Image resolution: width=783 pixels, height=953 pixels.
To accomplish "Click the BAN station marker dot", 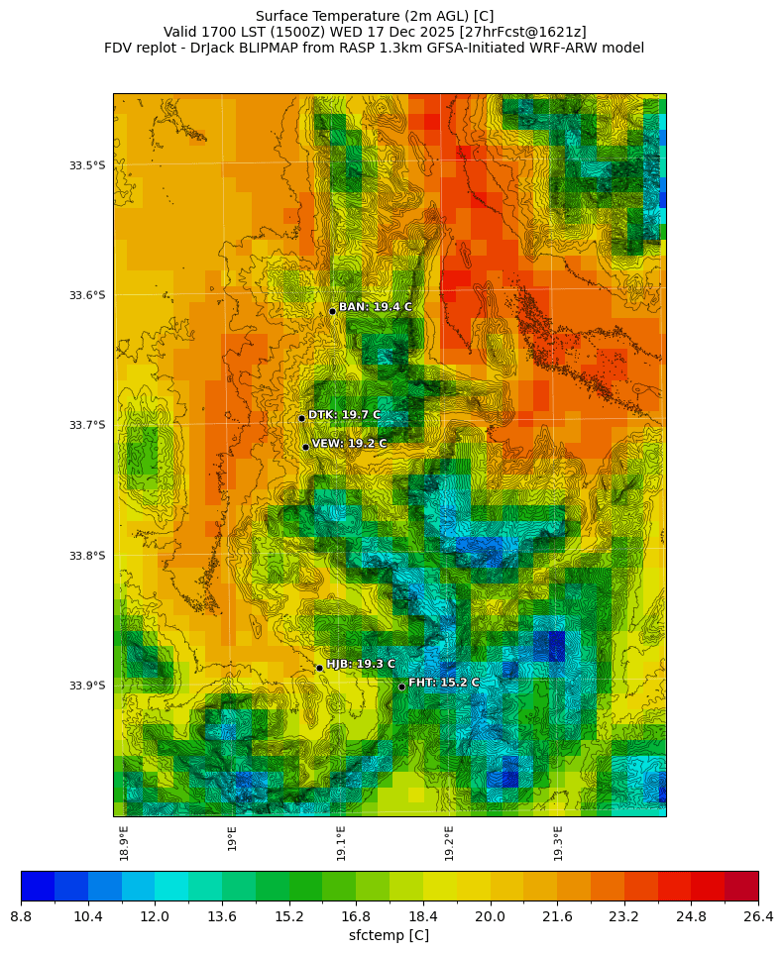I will [333, 311].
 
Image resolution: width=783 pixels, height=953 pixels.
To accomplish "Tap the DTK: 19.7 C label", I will [344, 415].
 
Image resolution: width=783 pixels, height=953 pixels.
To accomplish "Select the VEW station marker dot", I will [305, 447].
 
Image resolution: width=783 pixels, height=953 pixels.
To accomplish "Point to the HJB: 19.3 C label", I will [361, 664].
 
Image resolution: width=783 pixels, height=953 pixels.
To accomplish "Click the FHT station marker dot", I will [401, 687].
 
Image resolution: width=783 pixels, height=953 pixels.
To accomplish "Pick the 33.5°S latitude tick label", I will [87, 165].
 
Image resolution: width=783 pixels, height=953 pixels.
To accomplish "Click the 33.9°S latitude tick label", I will [87, 686].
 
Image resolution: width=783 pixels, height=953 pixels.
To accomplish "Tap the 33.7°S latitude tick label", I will [87, 425].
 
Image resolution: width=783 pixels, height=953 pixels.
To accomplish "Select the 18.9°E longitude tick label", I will [125, 843].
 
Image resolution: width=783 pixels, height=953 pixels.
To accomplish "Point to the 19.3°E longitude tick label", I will [558, 843].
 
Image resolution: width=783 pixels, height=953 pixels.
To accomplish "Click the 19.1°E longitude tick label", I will [342, 843].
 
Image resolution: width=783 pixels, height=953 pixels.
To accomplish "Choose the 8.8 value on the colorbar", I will [21, 917].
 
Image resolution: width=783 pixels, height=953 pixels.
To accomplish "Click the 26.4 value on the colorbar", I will [758, 917].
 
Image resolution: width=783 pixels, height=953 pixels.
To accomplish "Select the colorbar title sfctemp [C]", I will [389, 935].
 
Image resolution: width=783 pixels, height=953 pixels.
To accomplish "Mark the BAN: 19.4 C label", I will [375, 307].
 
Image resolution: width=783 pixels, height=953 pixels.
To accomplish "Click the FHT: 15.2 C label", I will [443, 683].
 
